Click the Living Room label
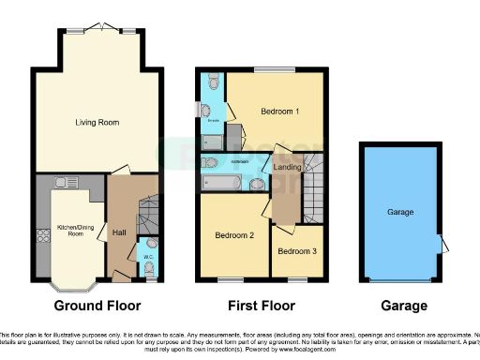point(97,122)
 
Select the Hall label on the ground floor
point(120,232)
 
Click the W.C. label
point(148,256)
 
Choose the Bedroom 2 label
point(234,234)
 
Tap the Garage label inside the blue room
point(400,213)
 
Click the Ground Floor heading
point(97,306)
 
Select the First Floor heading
point(262,306)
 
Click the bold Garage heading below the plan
point(405,306)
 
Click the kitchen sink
point(67,182)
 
